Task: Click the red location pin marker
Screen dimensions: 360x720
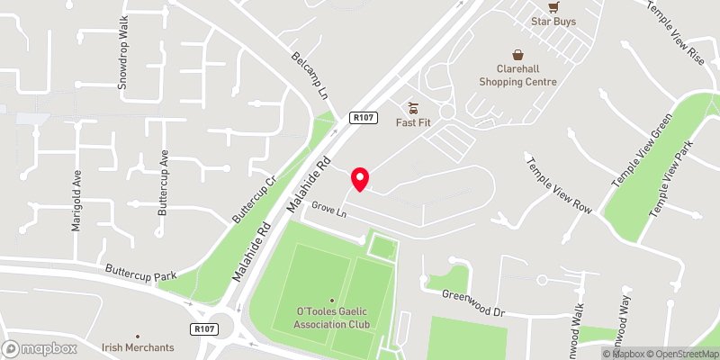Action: (360, 179)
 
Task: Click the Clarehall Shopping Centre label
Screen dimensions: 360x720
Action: (518, 75)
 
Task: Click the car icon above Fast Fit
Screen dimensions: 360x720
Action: (415, 107)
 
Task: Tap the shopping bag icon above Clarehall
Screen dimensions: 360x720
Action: (518, 54)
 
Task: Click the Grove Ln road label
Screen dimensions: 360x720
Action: (328, 212)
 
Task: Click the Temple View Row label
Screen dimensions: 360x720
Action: (559, 184)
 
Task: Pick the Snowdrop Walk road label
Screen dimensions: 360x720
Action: (123, 62)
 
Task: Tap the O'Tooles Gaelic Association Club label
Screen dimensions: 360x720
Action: (332, 317)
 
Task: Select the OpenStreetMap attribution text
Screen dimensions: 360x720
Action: (678, 354)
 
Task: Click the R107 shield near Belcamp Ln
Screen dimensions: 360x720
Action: (364, 118)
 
